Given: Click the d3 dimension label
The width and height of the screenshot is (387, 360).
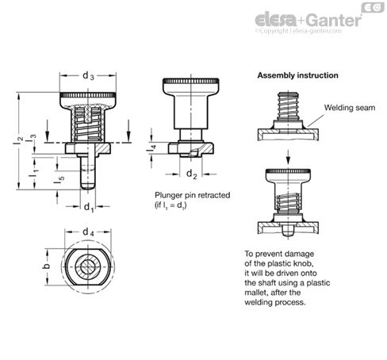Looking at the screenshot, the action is (x=88, y=76).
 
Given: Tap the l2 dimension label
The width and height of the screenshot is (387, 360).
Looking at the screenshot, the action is (x=17, y=140).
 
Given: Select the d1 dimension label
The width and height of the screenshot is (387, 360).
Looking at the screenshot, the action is (x=89, y=207).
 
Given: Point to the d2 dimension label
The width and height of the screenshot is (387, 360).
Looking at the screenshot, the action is (x=191, y=174).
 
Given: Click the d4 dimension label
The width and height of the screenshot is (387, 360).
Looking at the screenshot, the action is (x=88, y=232).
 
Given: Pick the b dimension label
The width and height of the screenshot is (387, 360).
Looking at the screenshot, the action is (x=47, y=266).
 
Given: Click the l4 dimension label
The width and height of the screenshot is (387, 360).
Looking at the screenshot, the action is (x=151, y=148).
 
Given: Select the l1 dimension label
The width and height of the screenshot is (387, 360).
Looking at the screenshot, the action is (x=33, y=171).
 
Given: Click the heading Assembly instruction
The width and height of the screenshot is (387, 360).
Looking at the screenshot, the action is (x=297, y=75).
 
